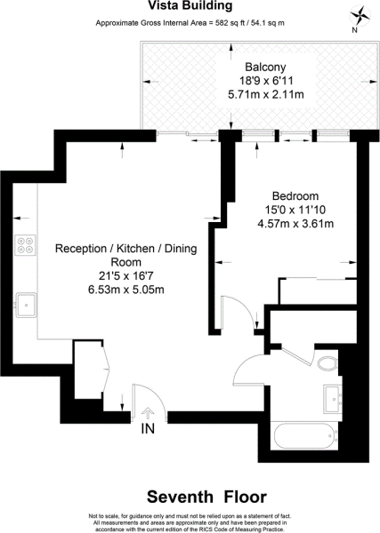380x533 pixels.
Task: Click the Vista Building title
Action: (x=190, y=5)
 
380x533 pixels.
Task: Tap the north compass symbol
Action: (x=360, y=16)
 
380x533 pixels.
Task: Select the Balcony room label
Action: (x=265, y=67)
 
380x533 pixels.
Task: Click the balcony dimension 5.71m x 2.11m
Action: (x=265, y=94)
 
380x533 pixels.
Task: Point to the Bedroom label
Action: (x=295, y=196)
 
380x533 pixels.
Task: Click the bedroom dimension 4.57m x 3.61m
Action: (x=295, y=224)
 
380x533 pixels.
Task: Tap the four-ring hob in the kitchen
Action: (x=26, y=245)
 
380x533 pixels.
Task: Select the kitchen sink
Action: (x=26, y=305)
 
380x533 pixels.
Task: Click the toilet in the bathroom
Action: (x=327, y=363)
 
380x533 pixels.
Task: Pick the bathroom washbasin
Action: (x=332, y=399)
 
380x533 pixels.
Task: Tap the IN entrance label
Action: (x=148, y=429)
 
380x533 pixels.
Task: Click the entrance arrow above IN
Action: (x=148, y=413)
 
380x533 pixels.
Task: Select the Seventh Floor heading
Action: (x=206, y=497)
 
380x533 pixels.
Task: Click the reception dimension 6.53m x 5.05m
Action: (x=126, y=290)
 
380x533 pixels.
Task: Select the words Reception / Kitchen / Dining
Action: (x=126, y=249)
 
